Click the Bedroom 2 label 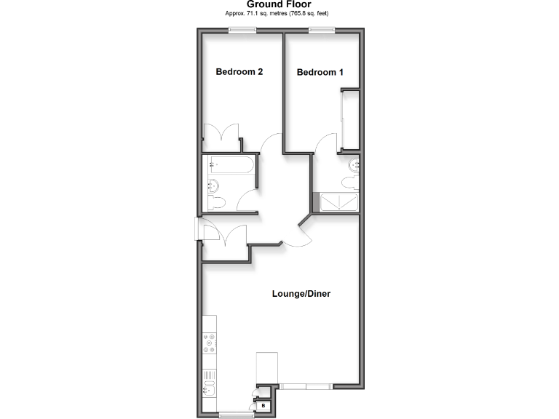(239, 72)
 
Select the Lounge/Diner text (301, 294)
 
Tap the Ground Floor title (279, 4)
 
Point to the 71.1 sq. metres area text (279, 14)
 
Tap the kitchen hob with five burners (210, 343)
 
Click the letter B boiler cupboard (263, 406)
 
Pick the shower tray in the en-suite (338, 201)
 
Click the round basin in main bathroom (213, 184)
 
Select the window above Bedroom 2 (242, 30)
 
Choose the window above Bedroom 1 (321, 30)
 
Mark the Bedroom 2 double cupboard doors (221, 135)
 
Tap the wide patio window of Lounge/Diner (306, 385)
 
